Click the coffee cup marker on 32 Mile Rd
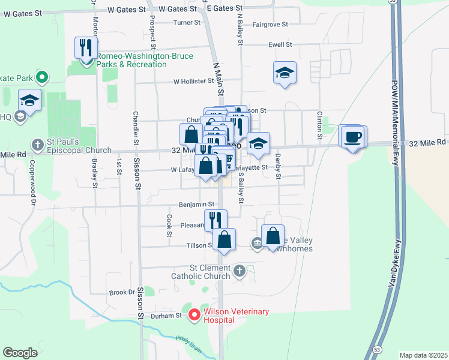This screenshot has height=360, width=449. click(x=352, y=137)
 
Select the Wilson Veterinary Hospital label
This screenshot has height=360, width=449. click(x=235, y=316)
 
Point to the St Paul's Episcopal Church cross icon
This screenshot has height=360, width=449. click(x=37, y=145)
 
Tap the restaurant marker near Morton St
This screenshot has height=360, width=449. click(x=86, y=47)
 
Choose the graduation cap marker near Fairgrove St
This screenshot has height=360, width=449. click(x=285, y=73)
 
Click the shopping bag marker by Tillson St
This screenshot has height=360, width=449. click(x=224, y=240)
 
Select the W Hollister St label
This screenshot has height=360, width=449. click(x=193, y=81)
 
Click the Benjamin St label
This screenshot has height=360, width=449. click(x=197, y=205)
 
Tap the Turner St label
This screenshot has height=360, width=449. click(x=186, y=23)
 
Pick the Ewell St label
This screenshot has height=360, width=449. click(x=280, y=44)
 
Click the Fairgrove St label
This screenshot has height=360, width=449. click(x=270, y=25)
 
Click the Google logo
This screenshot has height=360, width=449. click(x=20, y=353)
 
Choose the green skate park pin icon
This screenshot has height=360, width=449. click(x=41, y=77)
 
